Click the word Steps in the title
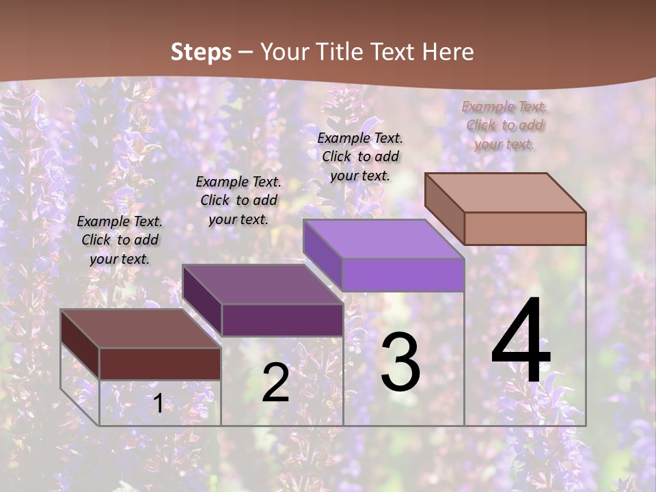(200, 52)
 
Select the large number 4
(521, 341)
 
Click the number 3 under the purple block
(400, 362)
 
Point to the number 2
(275, 383)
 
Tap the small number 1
(158, 404)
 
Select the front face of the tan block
(525, 228)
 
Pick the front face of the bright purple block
(403, 275)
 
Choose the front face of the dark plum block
(282, 320)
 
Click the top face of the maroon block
(141, 328)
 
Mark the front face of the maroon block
(160, 364)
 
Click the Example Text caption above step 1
(120, 240)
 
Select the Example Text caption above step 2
(238, 200)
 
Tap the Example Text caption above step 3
(360, 156)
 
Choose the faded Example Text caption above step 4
(504, 125)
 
